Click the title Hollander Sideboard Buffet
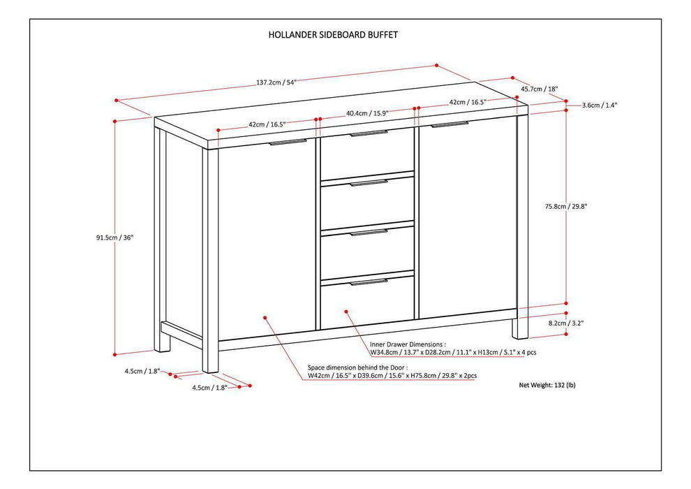[x=333, y=34]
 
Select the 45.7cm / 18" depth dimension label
[x=539, y=89]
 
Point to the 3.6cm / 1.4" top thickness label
[x=600, y=105]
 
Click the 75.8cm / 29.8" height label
[x=566, y=206]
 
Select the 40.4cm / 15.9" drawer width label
[x=367, y=112]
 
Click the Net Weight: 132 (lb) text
[x=547, y=385]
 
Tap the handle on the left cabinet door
[x=288, y=143]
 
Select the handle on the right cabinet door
[x=449, y=125]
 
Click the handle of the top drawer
[x=368, y=133]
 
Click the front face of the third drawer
[x=367, y=250]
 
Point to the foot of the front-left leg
[x=210, y=363]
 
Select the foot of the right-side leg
[x=521, y=330]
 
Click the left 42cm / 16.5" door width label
[x=267, y=124]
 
